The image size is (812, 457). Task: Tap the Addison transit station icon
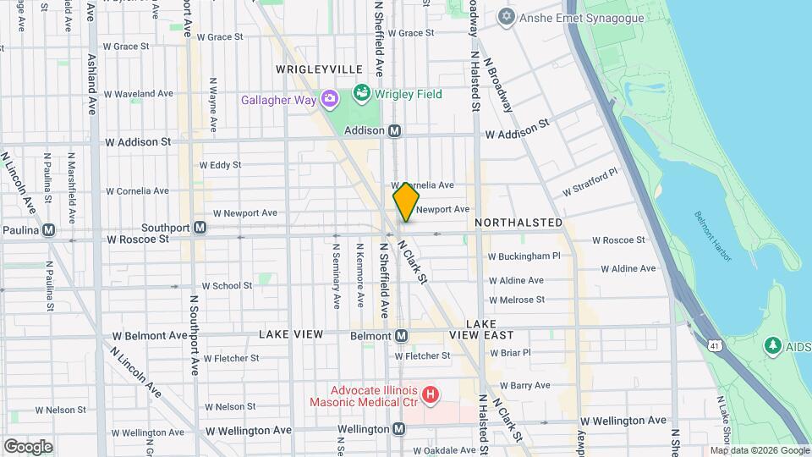[394, 131]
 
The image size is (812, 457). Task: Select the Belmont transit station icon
[402, 336]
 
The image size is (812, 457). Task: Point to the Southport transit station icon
[200, 228]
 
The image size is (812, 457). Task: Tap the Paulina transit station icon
[49, 229]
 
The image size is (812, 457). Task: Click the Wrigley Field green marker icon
[362, 92]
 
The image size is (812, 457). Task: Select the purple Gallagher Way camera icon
[329, 100]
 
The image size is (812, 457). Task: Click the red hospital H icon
[431, 394]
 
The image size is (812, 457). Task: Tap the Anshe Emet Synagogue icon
[507, 17]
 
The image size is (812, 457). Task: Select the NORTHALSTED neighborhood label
[518, 223]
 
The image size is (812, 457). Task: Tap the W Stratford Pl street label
[591, 181]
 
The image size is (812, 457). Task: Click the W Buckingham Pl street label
[524, 256]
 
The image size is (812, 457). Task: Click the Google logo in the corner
[28, 446]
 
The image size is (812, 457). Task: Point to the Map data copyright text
[760, 450]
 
